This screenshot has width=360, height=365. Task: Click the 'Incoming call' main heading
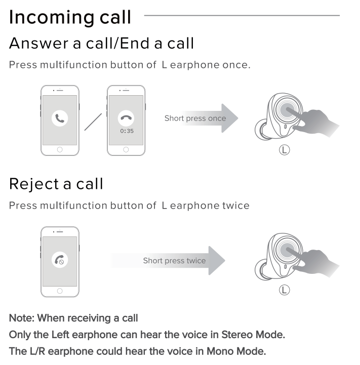point(70,17)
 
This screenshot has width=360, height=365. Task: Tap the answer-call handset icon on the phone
point(60,118)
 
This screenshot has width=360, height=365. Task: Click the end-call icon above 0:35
point(126,118)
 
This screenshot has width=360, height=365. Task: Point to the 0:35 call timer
point(127,131)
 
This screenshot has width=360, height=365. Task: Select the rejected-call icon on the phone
point(60,260)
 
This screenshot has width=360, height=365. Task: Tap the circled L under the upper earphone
point(285,150)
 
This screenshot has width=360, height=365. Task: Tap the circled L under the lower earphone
point(285,290)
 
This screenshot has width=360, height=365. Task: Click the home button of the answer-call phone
point(60,149)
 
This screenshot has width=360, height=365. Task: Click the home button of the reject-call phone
point(60,291)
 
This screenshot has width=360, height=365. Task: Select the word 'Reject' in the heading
point(34,184)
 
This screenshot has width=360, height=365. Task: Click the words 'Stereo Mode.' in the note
point(253,335)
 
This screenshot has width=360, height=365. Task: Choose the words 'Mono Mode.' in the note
point(236,351)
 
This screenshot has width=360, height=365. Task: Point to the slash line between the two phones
point(93,122)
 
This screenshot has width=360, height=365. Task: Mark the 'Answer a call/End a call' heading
point(101,44)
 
